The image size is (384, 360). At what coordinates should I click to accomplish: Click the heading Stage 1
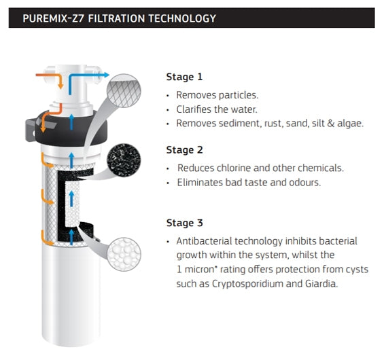point(185,77)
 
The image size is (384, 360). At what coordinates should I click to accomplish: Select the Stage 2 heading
point(185,150)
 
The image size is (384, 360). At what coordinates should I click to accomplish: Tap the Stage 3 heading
point(185,223)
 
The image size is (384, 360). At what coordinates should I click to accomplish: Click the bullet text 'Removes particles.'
point(217,95)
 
